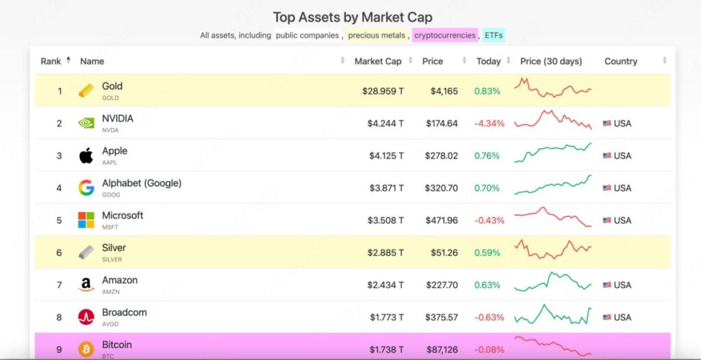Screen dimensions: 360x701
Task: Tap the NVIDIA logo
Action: point(86,123)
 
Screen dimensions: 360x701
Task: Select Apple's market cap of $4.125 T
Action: point(386,156)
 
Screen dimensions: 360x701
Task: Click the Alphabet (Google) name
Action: point(141,183)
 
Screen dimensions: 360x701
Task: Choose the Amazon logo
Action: point(86,285)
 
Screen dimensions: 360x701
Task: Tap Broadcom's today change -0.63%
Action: point(489,318)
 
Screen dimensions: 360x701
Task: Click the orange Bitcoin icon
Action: point(86,349)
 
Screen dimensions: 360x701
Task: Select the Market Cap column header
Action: point(378,62)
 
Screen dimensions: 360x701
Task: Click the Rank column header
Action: point(51,62)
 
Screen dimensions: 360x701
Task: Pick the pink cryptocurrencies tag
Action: point(444,35)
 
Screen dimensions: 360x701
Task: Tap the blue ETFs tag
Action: point(494,35)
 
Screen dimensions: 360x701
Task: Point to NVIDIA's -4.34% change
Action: point(489,124)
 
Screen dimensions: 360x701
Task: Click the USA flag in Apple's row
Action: point(607,156)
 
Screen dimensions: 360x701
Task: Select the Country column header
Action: point(620,62)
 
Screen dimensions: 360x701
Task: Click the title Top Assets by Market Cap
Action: point(353,17)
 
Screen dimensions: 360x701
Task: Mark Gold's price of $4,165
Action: point(445,91)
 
